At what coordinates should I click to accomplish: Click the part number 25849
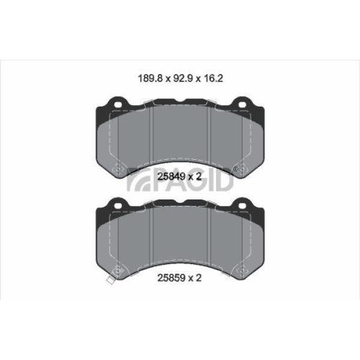pos(171,175)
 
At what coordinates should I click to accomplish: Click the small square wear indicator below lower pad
pos(109,279)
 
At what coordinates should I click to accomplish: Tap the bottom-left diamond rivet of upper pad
pos(117,171)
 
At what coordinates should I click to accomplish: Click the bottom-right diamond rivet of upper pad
pos(243,171)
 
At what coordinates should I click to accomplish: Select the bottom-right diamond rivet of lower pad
pos(243,271)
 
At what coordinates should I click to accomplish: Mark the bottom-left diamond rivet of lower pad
pos(117,271)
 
